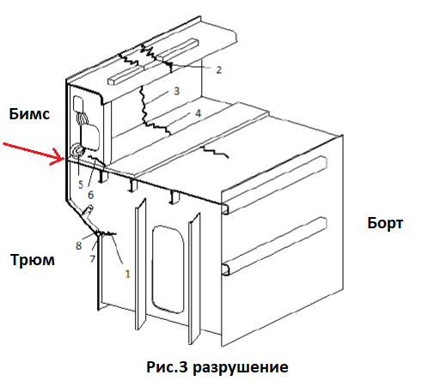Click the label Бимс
29,114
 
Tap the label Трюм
33,260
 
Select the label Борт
385,223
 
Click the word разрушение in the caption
240,367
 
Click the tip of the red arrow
64,158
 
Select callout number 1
127,274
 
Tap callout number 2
218,70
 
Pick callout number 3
176,91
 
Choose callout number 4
198,113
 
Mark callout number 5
81,184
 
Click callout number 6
91,195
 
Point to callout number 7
92,259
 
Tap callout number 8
78,245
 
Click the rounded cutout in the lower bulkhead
168,269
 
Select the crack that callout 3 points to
143,106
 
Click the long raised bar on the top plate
153,62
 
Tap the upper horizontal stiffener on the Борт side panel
275,184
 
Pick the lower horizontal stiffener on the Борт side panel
275,246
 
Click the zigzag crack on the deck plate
216,151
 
